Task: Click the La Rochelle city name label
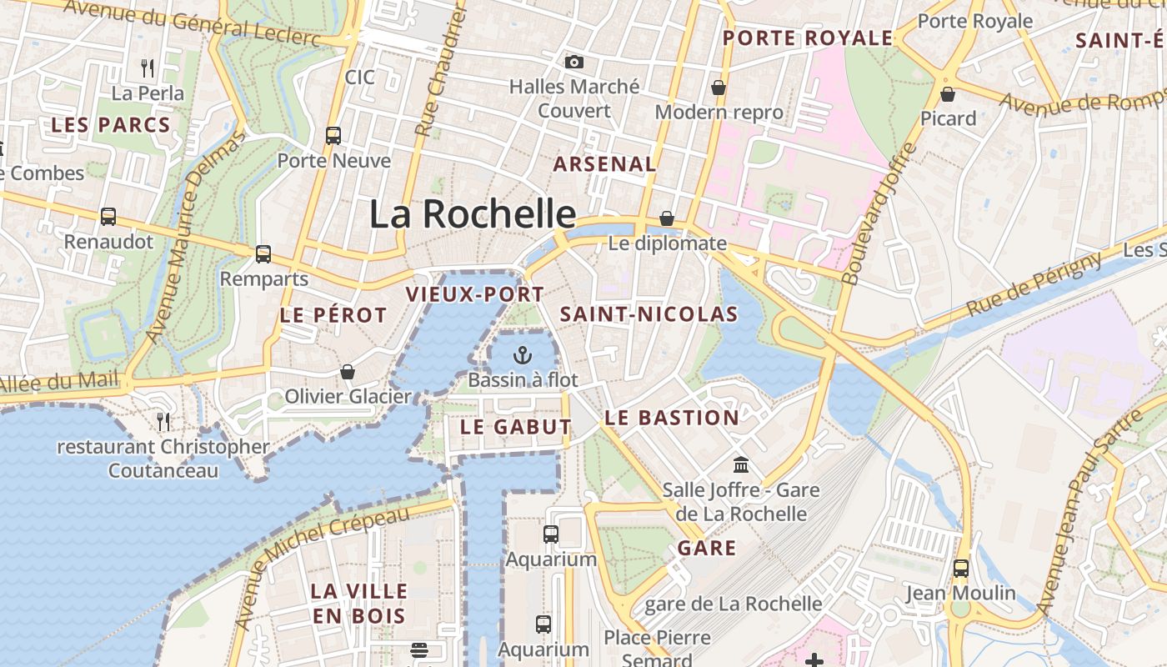[x=473, y=214]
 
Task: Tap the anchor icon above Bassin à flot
[x=523, y=355]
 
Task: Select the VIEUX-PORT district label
[x=474, y=294]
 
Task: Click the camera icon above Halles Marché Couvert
[x=573, y=62]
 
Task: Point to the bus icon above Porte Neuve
[x=333, y=135]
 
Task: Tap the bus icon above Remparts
[x=263, y=253]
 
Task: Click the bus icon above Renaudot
[x=108, y=217]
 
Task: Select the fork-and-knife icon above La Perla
[x=148, y=68]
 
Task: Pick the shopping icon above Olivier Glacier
[x=348, y=372]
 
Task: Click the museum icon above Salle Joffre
[x=740, y=465]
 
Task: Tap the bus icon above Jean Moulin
[x=961, y=569]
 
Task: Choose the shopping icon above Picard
[x=948, y=94]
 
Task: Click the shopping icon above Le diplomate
[x=667, y=218]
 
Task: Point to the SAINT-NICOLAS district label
[x=649, y=314]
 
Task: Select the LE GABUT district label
[x=516, y=427]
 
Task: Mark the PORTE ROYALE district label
[x=808, y=38]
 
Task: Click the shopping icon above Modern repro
[x=719, y=88]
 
